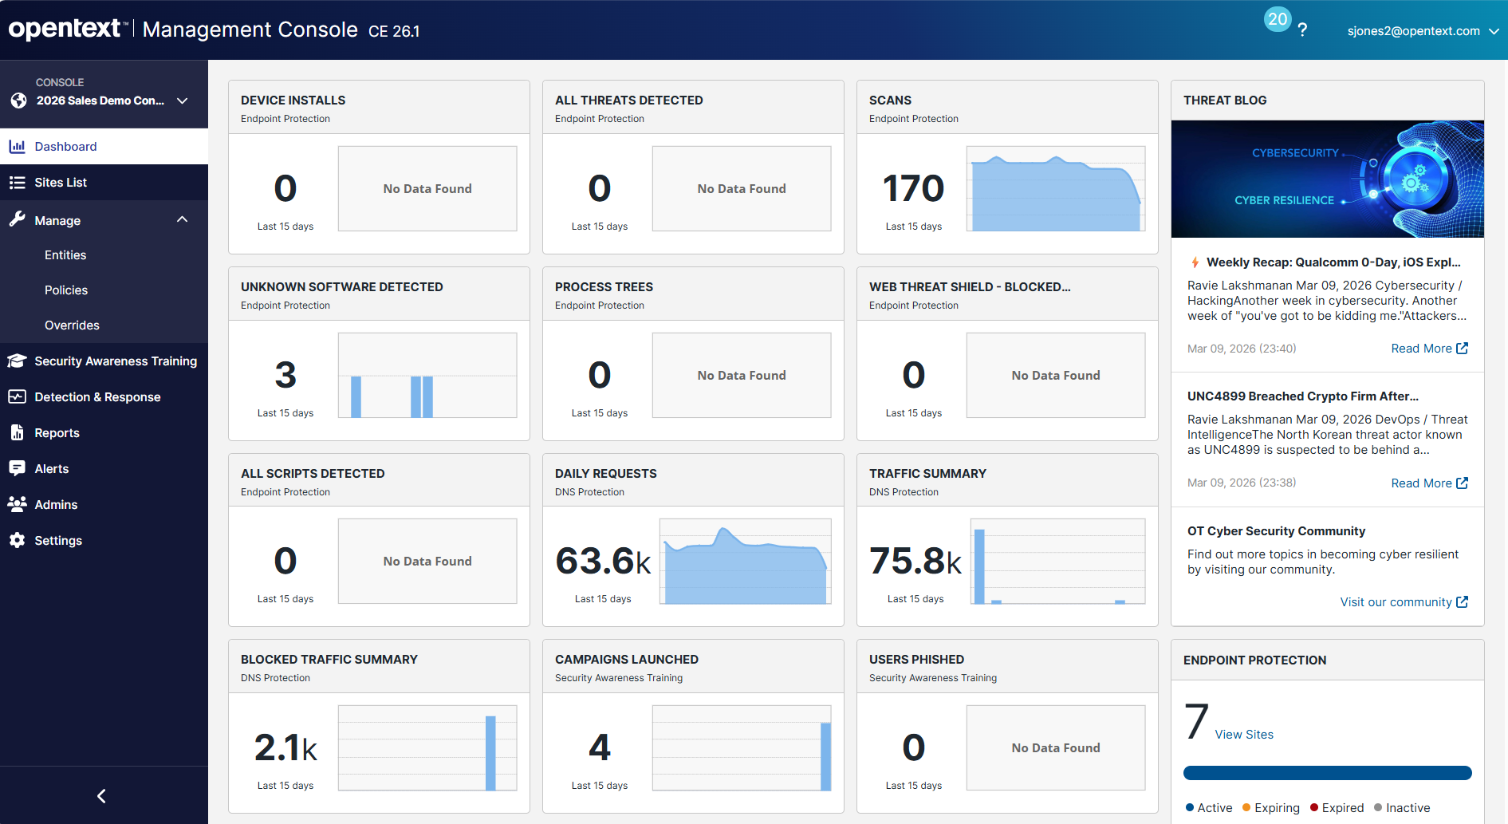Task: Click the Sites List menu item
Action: pyautogui.click(x=61, y=183)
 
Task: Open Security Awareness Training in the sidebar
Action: pyautogui.click(x=115, y=361)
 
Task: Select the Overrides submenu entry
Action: pyautogui.click(x=72, y=325)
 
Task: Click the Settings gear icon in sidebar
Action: pyautogui.click(x=18, y=541)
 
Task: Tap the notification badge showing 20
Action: pyautogui.click(x=1277, y=19)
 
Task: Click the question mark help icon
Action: pyautogui.click(x=1302, y=30)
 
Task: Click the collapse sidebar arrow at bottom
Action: pyautogui.click(x=101, y=796)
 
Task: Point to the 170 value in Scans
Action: pyautogui.click(x=913, y=189)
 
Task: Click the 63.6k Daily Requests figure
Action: pyautogui.click(x=603, y=561)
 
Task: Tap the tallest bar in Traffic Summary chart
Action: pyautogui.click(x=979, y=566)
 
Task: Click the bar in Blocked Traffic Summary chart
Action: pyautogui.click(x=490, y=753)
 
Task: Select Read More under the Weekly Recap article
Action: pyautogui.click(x=1428, y=349)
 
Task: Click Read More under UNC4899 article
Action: pyautogui.click(x=1428, y=483)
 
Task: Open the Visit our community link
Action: pyautogui.click(x=1403, y=602)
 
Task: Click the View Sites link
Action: pyautogui.click(x=1243, y=735)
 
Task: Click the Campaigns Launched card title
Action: pyautogui.click(x=626, y=660)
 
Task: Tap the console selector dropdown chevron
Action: pyautogui.click(x=182, y=101)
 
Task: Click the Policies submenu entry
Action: pyautogui.click(x=66, y=290)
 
